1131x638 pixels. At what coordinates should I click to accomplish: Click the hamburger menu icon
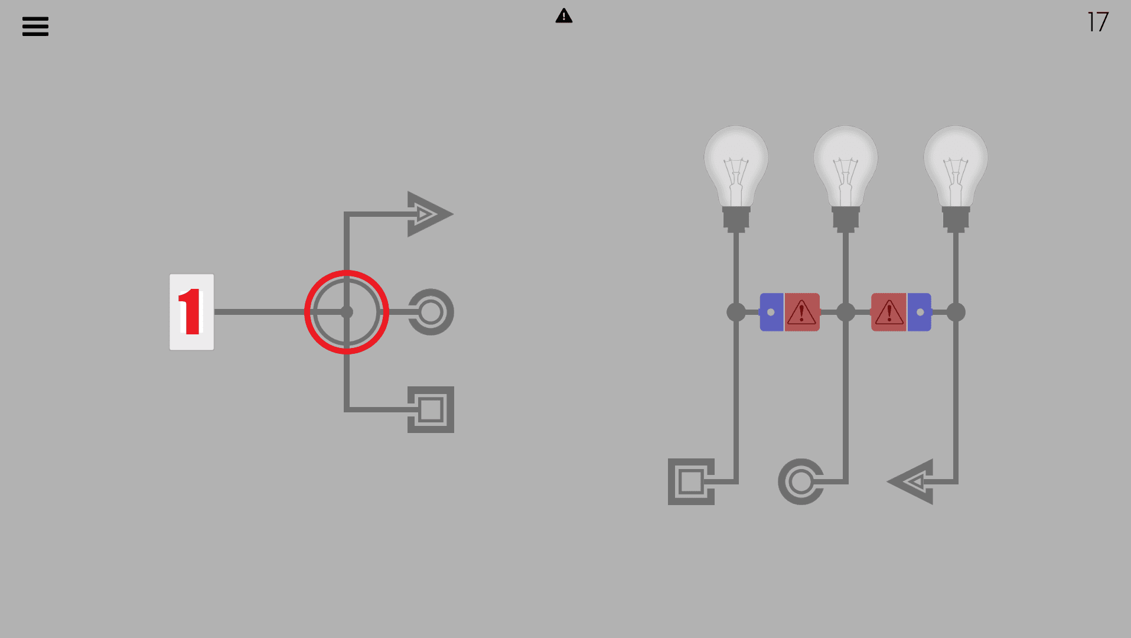click(35, 27)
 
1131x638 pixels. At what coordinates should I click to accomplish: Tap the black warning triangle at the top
click(564, 16)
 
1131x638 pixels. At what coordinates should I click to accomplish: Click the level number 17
click(1098, 22)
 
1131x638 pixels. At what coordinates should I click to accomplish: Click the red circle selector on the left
click(347, 312)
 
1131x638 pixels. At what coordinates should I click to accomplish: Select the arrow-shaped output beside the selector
click(429, 214)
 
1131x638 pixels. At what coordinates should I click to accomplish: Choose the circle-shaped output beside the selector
click(431, 312)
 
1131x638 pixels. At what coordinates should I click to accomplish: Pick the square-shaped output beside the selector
click(431, 409)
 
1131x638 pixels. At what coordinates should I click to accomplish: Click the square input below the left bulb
click(691, 481)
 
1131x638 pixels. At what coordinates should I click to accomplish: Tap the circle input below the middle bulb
click(801, 481)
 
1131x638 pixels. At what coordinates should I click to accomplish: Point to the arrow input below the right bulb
click(912, 481)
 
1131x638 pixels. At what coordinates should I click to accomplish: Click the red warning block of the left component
click(802, 312)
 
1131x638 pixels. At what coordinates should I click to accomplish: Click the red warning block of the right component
click(889, 312)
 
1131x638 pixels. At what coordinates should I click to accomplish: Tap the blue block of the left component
click(771, 312)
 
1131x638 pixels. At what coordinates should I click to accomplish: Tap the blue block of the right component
click(920, 312)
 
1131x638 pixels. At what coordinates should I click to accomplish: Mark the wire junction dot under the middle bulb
click(846, 312)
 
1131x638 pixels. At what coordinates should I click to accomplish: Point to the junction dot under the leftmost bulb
click(736, 312)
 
